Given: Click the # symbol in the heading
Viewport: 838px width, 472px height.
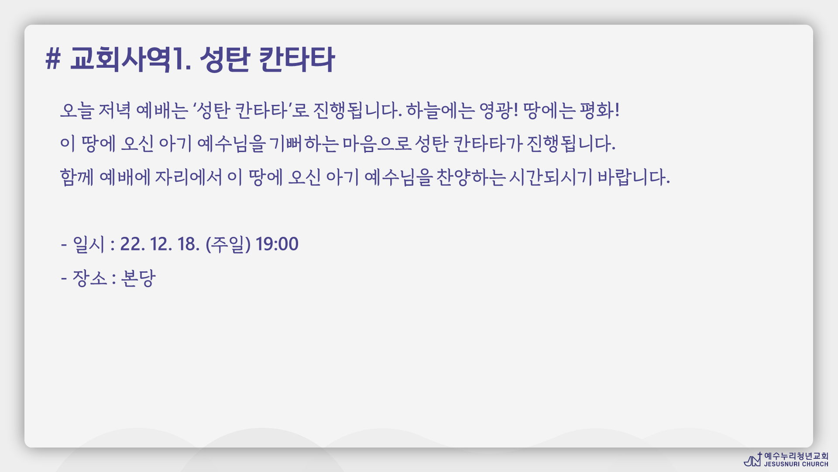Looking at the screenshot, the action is (x=53, y=59).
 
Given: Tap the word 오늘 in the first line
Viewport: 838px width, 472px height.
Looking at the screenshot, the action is (x=77, y=110).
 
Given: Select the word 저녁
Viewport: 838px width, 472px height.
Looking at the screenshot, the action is (x=114, y=110).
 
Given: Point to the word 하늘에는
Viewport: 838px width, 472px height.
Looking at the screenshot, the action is (x=440, y=110).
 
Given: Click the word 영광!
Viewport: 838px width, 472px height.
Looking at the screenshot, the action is (x=498, y=110).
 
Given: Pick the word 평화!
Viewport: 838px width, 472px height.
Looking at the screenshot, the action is (x=599, y=110).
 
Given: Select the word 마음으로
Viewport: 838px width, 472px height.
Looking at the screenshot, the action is (x=377, y=144).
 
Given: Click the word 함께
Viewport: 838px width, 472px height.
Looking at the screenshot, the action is (x=77, y=177).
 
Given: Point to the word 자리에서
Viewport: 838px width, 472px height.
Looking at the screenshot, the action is (x=189, y=177).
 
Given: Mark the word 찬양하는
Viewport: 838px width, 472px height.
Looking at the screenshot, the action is (x=471, y=177).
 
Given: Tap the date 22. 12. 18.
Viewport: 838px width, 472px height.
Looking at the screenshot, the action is (x=160, y=244).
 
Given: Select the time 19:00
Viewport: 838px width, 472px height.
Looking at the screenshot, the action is (x=277, y=244).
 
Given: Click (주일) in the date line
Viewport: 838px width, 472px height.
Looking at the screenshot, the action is (x=228, y=244).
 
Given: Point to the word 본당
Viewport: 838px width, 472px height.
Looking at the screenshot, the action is (x=138, y=278).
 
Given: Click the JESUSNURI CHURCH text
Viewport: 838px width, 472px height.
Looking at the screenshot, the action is (x=796, y=464).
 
